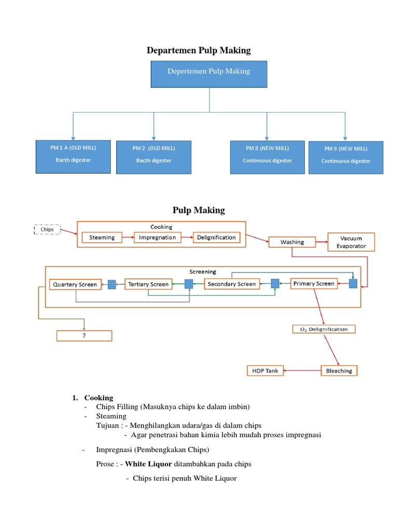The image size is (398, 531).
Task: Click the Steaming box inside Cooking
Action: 102,237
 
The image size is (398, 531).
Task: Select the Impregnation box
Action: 158,237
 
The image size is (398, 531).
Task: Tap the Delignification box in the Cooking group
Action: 216,237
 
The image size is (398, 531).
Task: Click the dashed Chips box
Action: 47,229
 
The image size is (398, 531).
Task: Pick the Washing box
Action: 292,242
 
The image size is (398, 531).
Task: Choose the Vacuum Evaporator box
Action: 351,242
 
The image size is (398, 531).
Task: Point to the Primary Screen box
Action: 314,283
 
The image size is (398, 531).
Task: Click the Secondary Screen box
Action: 232,284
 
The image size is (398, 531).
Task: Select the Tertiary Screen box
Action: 149,284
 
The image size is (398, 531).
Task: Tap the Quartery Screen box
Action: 75,284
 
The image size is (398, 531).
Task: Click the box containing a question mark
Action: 84,336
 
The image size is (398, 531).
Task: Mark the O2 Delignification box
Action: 324,329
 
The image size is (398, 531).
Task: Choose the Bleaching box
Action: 339,371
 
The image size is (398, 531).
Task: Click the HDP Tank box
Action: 265,371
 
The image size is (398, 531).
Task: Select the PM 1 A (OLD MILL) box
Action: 73,156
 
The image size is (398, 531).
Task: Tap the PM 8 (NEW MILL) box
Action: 267,157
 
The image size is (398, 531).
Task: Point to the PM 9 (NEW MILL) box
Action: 346,157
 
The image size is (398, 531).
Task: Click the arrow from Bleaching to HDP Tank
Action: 302,371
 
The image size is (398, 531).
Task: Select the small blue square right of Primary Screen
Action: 353,283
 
